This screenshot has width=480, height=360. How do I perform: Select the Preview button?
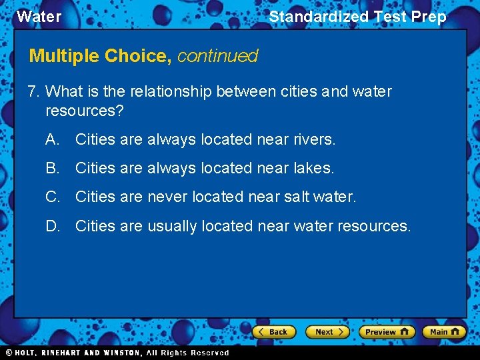click(x=387, y=331)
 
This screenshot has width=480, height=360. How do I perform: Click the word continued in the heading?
click(x=217, y=56)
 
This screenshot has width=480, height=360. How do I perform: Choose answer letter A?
click(x=52, y=139)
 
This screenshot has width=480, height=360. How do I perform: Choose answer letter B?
click(x=52, y=168)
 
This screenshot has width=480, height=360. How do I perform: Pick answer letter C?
click(x=52, y=197)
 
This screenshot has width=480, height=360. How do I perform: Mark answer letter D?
click(x=52, y=226)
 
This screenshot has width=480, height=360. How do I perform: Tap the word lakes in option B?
click(x=313, y=168)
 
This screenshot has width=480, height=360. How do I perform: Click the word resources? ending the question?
click(x=85, y=110)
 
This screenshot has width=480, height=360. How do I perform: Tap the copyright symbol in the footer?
click(x=9, y=353)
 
